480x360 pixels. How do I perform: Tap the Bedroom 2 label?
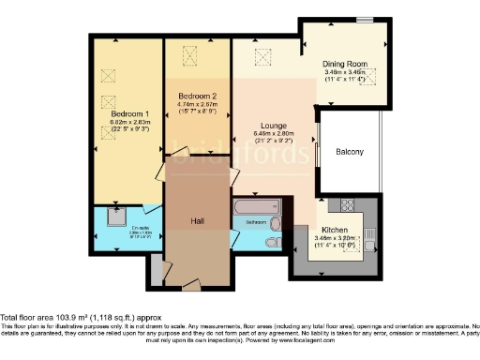click(198, 96)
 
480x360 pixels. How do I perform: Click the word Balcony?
click(350, 152)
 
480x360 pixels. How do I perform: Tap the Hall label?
click(198, 220)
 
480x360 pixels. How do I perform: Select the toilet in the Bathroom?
click(272, 242)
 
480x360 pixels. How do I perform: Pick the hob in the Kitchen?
click(346, 203)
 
